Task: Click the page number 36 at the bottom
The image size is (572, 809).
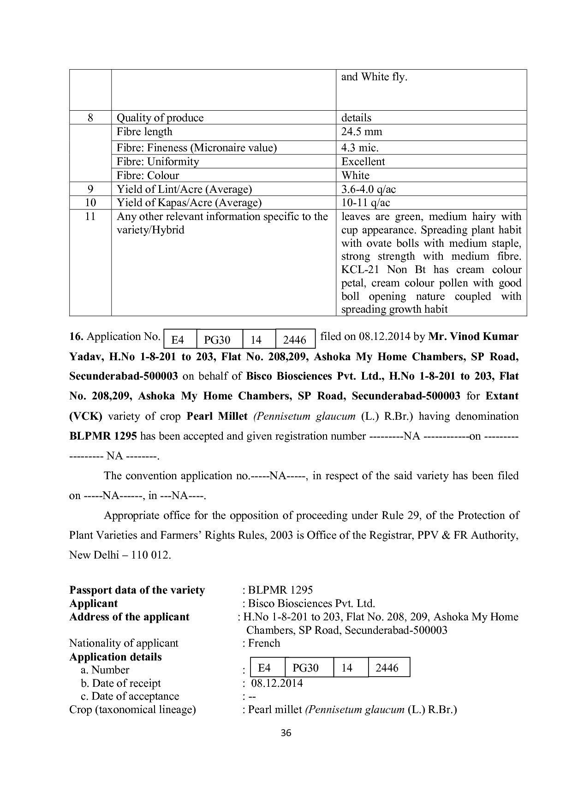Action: coord(286,732)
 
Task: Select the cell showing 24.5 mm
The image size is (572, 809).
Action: coord(362,132)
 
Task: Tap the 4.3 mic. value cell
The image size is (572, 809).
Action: coord(360,148)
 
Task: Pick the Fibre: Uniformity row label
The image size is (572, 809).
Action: coord(158,162)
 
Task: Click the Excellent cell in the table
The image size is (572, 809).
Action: coord(363,162)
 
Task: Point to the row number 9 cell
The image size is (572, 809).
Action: coord(90,189)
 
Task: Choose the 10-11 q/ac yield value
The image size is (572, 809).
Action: coord(365,203)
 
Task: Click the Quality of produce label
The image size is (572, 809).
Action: coord(160,118)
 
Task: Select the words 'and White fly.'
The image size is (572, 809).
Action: coord(374,77)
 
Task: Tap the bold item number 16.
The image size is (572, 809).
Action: coord(76,337)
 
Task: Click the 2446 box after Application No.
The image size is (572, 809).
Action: coord(295,340)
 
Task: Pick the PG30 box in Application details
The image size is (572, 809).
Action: coord(305,668)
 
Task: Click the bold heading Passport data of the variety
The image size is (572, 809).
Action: coord(137,590)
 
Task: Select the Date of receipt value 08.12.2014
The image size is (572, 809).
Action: coord(277,683)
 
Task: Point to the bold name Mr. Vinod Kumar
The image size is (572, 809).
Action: coord(473,337)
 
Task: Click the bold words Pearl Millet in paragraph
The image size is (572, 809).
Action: coord(217,416)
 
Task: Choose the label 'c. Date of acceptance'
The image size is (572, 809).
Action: coord(130,696)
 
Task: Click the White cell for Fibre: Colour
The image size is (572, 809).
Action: coord(355,176)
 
